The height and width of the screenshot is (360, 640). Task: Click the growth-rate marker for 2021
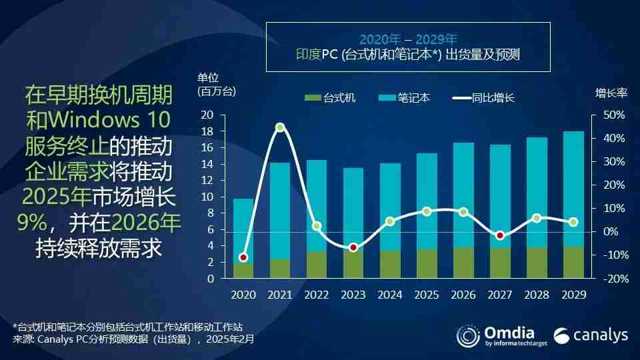(x=280, y=127)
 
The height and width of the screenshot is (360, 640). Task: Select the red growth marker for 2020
(x=243, y=257)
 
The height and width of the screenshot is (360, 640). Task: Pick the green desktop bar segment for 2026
(x=463, y=263)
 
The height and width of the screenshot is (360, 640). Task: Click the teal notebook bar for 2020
(x=243, y=230)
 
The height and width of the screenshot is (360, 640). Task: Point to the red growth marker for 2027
(x=500, y=235)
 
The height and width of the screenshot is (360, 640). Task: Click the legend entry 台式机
(x=331, y=98)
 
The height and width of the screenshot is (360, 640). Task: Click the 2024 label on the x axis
(x=390, y=294)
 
